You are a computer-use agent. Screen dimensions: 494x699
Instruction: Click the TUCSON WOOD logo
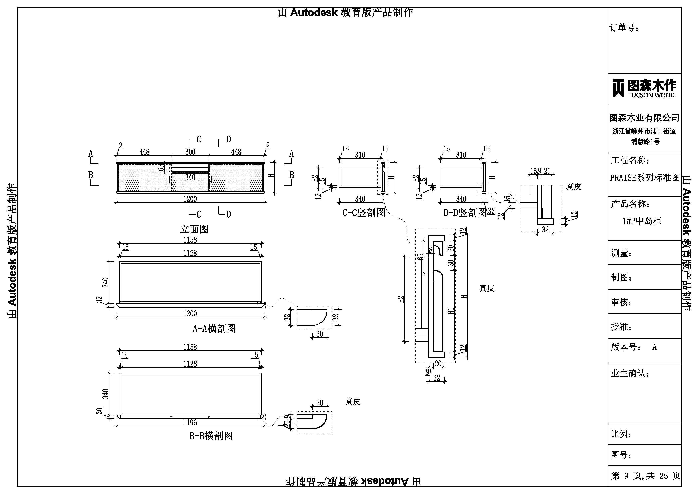(644, 88)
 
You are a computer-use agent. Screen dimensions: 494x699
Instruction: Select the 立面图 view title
(194, 229)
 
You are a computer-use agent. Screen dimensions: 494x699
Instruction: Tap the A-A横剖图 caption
(214, 328)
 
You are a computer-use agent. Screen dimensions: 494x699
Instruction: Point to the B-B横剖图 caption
(211, 436)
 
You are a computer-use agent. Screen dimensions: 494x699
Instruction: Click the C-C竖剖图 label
(364, 212)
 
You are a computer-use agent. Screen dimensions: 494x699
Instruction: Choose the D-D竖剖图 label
(465, 212)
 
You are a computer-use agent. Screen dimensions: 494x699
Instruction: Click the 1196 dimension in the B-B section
(190, 423)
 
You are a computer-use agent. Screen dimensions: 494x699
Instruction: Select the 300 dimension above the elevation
(190, 152)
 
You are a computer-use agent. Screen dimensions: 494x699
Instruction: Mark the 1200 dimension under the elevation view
(190, 199)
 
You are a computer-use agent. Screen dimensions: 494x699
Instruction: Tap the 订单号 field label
(624, 28)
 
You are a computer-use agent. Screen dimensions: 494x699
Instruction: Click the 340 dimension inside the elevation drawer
(190, 177)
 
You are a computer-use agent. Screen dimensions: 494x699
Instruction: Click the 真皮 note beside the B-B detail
(353, 401)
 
